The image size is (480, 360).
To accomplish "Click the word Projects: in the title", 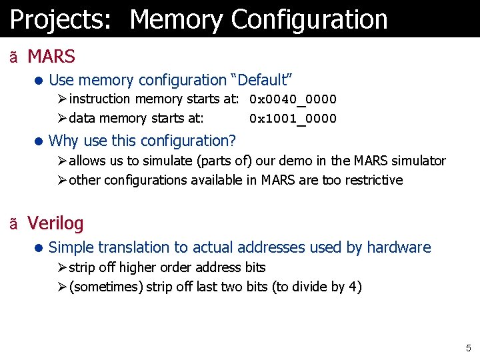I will click(60, 20).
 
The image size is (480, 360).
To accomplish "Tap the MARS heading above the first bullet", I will click(51, 57).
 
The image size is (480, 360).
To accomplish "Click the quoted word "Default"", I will click(262, 80).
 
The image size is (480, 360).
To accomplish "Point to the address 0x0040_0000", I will click(293, 99).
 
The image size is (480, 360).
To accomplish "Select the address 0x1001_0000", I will click(293, 119).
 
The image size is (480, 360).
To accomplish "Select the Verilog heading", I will click(55, 223).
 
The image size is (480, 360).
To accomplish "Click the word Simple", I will click(73, 247).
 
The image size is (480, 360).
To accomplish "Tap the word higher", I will click(134, 267).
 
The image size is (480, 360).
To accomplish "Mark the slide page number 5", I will click(468, 348).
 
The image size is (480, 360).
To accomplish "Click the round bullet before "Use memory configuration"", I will click(39, 81).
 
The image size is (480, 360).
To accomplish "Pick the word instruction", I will click(99, 99).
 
